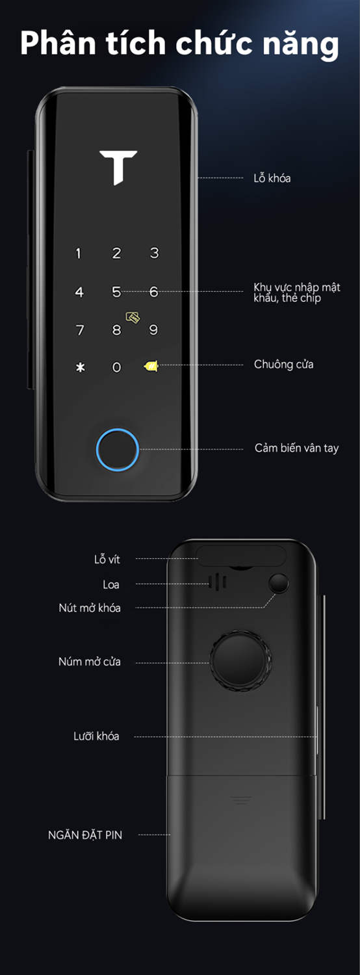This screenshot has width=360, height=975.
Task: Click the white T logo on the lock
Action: tap(118, 167)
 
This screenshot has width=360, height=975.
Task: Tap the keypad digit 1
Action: tap(79, 253)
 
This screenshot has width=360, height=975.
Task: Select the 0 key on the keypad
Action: tap(116, 367)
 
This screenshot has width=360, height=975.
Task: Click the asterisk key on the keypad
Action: tap(80, 368)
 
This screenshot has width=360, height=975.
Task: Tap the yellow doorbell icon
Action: tap(151, 366)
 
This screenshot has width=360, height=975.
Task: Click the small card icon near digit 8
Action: tap(133, 317)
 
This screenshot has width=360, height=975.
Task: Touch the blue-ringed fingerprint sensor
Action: tap(118, 450)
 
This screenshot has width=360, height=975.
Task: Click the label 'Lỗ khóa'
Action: tap(272, 178)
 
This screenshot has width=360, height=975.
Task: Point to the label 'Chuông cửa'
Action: tap(284, 364)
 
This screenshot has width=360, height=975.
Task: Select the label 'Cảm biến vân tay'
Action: tap(296, 448)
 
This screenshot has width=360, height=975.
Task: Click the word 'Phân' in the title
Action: tap(57, 44)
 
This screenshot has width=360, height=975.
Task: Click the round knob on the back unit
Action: tap(240, 661)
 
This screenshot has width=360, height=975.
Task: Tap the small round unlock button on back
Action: tap(279, 584)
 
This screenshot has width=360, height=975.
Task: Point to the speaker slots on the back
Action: tap(217, 582)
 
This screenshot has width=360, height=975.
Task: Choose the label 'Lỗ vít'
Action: tap(107, 559)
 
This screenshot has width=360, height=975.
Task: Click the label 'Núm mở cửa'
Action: tap(89, 662)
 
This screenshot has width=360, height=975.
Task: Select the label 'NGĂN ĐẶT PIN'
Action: tap(85, 835)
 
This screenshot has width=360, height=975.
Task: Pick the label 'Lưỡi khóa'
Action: tap(96, 736)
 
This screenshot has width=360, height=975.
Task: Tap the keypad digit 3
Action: tap(154, 253)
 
